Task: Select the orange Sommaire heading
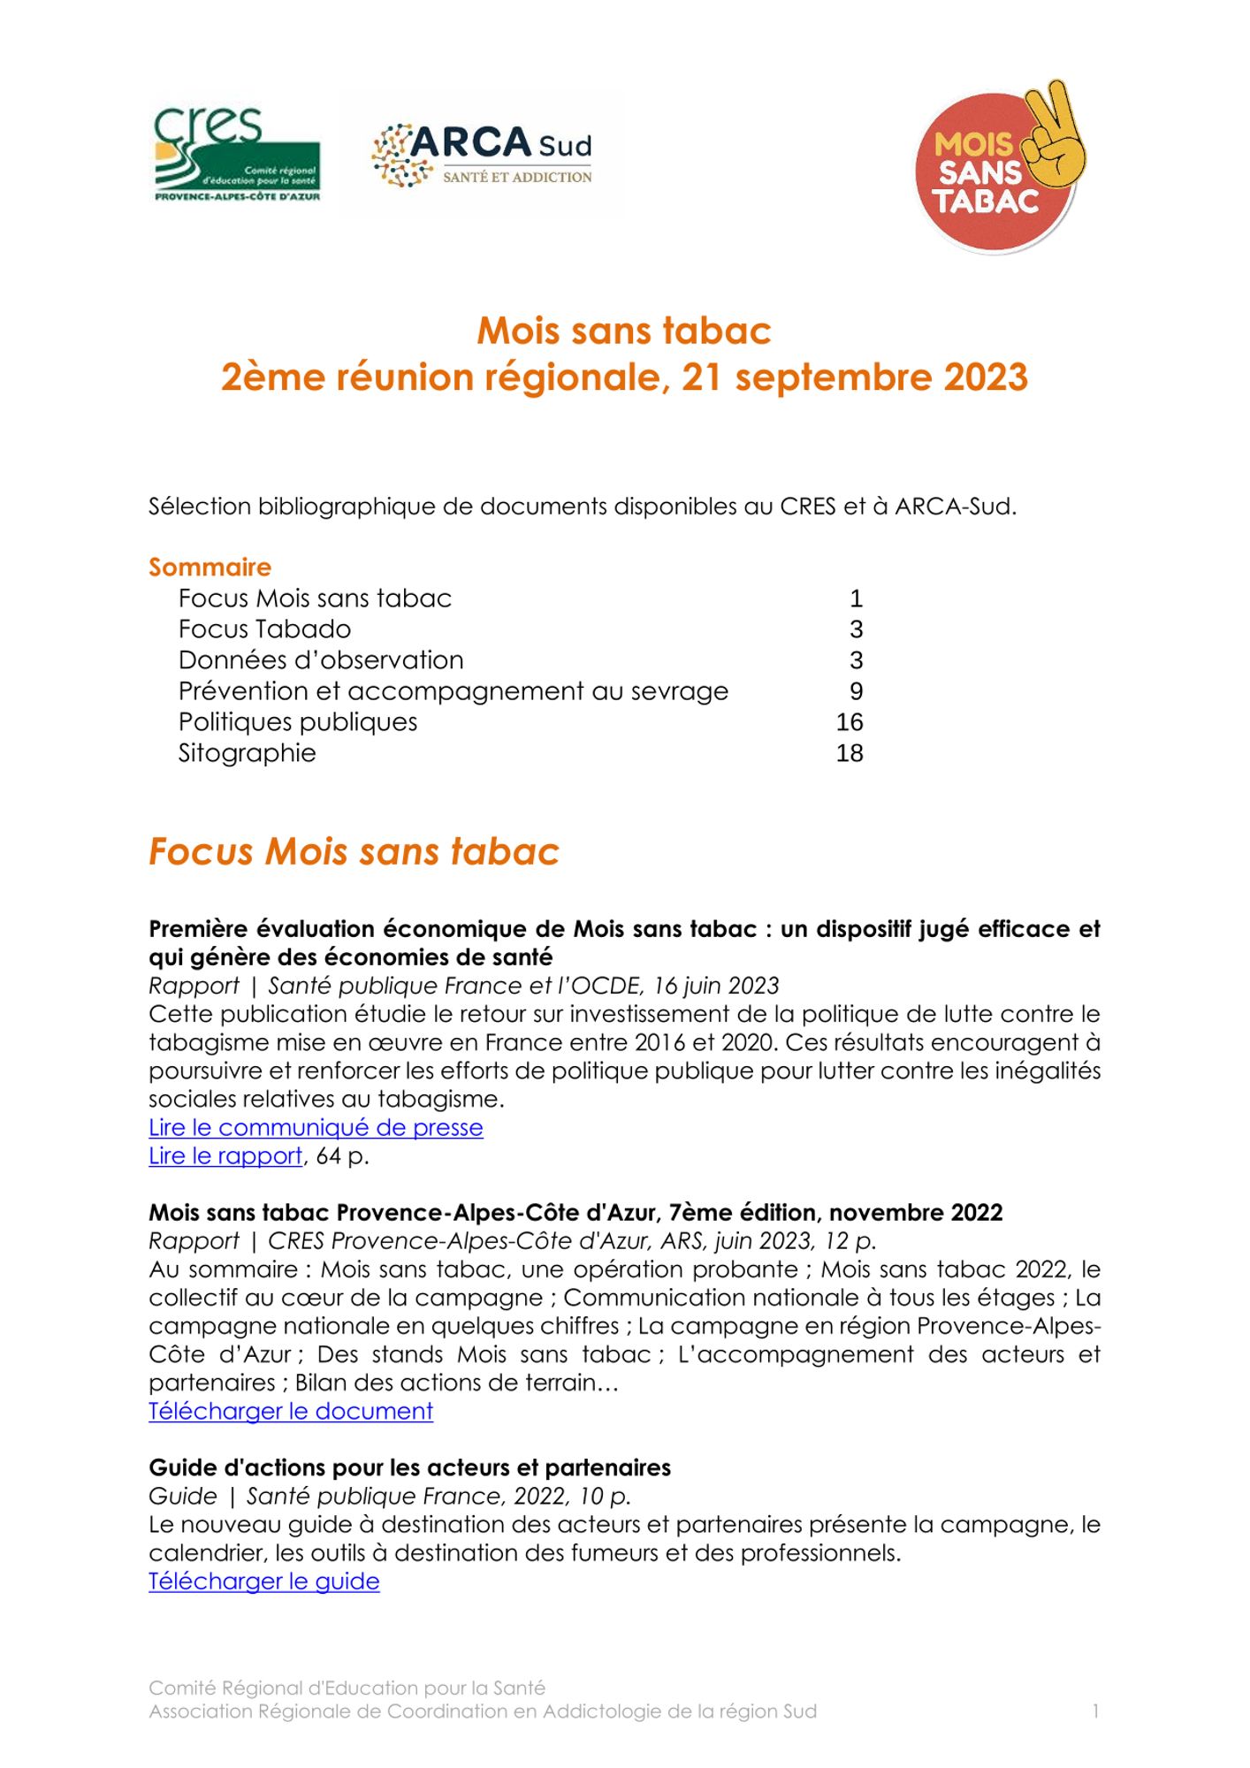210,567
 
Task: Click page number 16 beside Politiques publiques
849,722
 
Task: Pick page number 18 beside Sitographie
849,753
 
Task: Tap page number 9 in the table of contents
856,691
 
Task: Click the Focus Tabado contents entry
264,629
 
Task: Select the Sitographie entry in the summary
247,753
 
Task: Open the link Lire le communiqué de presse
316,1128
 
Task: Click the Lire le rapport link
225,1156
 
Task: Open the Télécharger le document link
291,1411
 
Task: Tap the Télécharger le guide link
263,1581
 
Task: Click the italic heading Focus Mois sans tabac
354,851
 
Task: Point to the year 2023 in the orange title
986,377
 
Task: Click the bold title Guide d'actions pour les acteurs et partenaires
409,1467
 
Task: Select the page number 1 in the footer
1095,1711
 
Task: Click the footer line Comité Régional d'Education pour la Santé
347,1688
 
